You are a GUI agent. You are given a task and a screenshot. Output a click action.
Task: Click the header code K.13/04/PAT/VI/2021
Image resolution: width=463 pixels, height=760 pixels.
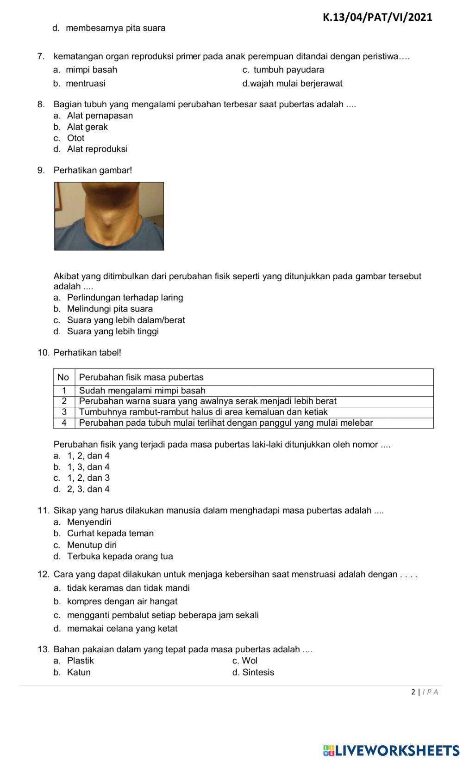[377, 17]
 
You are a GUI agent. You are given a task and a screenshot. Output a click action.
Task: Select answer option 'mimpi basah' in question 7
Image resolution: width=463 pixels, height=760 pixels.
[91, 70]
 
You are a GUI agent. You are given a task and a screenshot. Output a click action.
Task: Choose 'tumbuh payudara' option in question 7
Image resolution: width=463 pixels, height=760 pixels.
[288, 70]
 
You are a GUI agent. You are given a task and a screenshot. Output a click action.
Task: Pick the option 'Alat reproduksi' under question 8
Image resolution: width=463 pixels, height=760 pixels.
[97, 149]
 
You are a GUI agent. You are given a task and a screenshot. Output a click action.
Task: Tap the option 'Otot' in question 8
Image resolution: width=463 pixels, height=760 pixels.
[75, 138]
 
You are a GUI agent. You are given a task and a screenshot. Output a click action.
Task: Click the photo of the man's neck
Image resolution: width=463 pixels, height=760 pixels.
[109, 216]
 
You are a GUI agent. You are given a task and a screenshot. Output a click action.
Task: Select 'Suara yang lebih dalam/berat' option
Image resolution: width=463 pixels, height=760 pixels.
[125, 320]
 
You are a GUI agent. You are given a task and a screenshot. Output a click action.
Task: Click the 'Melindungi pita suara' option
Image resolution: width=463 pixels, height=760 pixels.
[110, 309]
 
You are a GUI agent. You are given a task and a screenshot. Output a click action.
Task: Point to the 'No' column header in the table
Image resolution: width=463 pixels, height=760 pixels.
[63, 377]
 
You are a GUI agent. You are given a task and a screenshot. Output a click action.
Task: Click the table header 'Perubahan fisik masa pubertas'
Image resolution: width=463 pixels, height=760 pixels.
[141, 377]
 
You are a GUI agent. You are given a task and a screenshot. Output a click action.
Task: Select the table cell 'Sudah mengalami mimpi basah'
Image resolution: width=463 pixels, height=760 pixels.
[142, 391]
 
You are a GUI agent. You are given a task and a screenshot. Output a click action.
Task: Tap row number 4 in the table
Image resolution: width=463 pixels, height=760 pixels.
[64, 423]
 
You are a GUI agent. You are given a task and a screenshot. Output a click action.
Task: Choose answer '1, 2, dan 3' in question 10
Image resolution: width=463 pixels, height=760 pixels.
[88, 478]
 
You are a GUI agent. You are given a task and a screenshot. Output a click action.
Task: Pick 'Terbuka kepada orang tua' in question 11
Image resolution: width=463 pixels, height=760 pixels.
[120, 556]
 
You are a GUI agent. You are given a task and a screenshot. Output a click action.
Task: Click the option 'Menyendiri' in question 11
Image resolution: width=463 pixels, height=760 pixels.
[89, 522]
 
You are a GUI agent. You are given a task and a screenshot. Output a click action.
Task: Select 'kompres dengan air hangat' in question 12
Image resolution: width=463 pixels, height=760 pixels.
[122, 601]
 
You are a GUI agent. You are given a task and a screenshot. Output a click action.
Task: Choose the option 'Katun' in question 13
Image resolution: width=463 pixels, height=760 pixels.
[79, 672]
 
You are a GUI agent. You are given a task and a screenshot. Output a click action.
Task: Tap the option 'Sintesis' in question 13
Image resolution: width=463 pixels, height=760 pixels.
[258, 672]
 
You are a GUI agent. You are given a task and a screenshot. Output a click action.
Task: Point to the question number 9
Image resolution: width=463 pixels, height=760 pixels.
[41, 170]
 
